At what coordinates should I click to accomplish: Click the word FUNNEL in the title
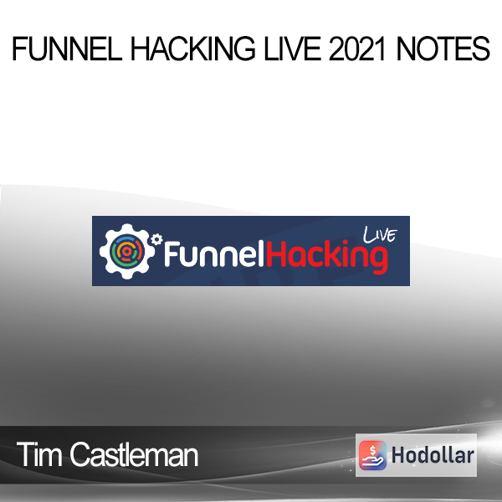click(x=67, y=49)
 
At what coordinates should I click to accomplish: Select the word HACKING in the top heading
click(x=193, y=49)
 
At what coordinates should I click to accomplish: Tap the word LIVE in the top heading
click(x=292, y=49)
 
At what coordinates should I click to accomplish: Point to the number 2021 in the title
click(x=356, y=49)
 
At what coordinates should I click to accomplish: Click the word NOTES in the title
click(x=443, y=49)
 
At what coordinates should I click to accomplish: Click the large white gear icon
click(x=127, y=251)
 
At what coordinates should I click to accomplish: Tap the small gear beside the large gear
click(x=156, y=239)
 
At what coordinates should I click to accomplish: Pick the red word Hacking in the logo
click(x=327, y=257)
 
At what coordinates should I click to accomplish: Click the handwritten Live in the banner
click(x=380, y=234)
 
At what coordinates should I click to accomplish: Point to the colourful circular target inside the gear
click(x=126, y=251)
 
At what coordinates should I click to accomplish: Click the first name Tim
click(x=39, y=454)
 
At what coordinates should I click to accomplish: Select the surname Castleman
click(x=134, y=454)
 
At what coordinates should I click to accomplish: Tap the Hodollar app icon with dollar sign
click(x=372, y=455)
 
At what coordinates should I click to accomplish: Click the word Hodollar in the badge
click(x=433, y=455)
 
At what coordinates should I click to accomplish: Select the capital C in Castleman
click(x=80, y=454)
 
